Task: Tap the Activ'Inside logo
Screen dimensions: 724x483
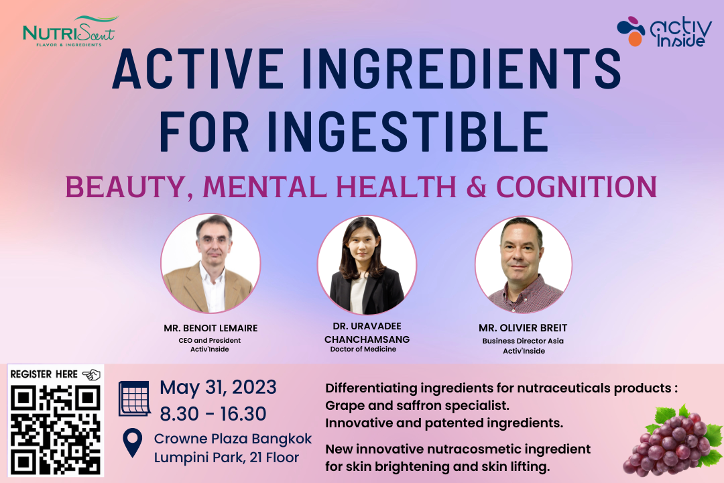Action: (664, 32)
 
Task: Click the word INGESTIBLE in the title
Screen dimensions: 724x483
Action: (408, 131)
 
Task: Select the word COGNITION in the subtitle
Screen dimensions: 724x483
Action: (577, 186)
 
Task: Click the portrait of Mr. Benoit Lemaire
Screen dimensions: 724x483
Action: (210, 264)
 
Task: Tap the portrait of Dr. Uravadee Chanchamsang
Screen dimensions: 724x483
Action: (367, 265)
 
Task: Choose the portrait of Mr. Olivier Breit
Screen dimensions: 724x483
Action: (524, 264)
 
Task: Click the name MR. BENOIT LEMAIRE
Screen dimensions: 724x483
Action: (210, 328)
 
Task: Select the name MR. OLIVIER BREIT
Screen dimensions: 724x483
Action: (523, 327)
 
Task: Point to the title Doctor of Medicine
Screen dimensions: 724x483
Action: (363, 350)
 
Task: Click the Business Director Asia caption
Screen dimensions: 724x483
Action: (523, 341)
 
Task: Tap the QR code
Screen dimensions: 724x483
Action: (56, 429)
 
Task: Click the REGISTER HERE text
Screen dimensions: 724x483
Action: (44, 374)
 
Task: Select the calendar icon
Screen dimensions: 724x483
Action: (134, 398)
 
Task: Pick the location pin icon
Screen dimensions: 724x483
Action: (133, 442)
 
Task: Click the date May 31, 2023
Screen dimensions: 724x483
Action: (218, 387)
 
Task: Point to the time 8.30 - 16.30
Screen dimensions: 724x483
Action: (213, 414)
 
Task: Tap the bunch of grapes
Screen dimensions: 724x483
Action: (672, 441)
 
